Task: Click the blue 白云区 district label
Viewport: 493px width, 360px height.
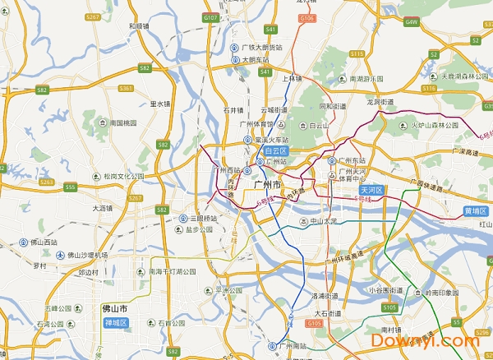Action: click(275, 151)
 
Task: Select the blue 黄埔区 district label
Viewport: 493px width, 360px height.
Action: click(476, 210)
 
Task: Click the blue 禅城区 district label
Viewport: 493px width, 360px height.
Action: click(115, 323)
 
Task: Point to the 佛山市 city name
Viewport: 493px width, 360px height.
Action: click(115, 309)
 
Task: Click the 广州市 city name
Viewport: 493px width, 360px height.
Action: click(268, 187)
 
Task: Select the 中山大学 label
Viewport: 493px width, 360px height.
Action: click(301, 221)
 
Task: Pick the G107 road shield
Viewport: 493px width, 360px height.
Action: click(210, 17)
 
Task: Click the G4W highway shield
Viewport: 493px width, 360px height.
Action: click(411, 22)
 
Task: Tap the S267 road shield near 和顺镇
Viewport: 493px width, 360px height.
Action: click(93, 16)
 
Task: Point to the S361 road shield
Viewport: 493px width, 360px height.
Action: click(126, 88)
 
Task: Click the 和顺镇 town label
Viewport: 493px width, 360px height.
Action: click(139, 25)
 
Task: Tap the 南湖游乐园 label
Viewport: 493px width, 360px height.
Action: click(366, 78)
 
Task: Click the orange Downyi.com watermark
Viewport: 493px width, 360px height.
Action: click(425, 339)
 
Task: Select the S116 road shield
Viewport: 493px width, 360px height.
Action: click(429, 88)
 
